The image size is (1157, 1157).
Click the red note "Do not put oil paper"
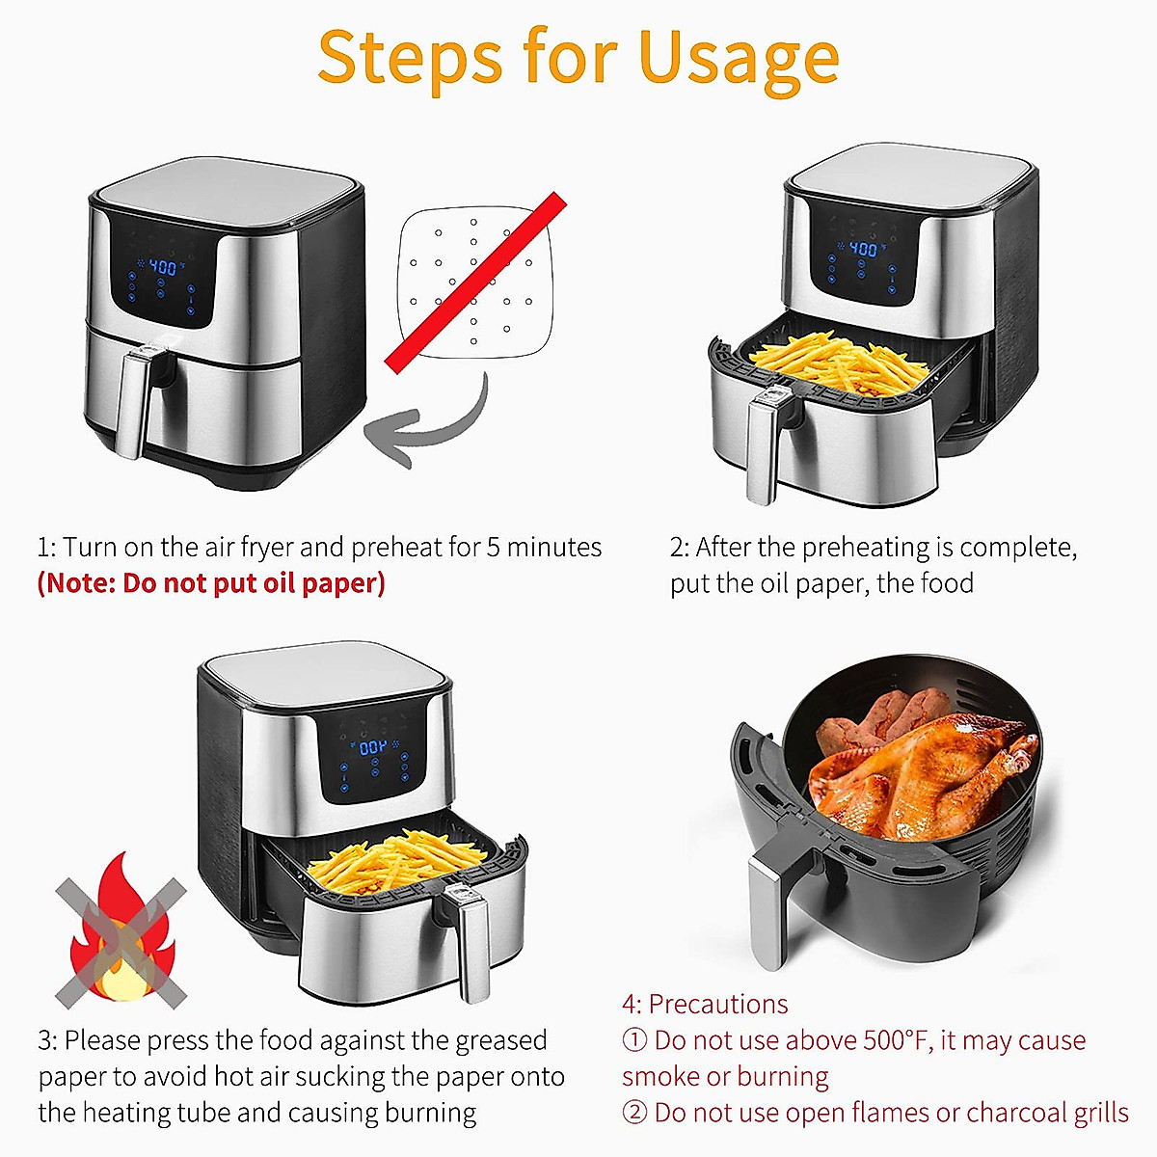[x=211, y=583]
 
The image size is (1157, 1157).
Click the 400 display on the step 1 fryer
[x=162, y=267]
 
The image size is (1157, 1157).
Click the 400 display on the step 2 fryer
[x=862, y=249]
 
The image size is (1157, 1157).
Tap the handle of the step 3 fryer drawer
[x=472, y=945]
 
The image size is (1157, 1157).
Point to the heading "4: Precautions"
[x=705, y=1004]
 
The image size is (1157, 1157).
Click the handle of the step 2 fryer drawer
[x=762, y=448]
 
